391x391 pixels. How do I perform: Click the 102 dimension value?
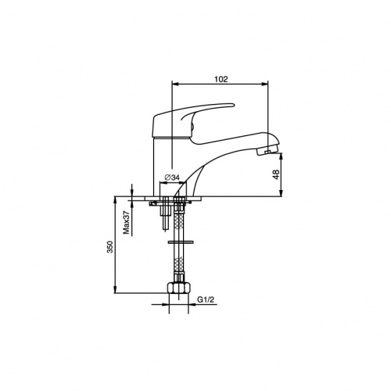221,79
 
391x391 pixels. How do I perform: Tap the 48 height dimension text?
276,174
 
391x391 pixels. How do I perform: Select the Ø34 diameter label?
172,178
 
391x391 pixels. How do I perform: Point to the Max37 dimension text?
127,222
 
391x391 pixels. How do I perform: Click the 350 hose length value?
110,246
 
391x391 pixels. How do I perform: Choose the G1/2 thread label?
206,300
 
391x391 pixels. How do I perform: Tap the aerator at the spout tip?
267,152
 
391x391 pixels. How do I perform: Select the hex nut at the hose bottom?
178,287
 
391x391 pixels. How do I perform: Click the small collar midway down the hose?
181,242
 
